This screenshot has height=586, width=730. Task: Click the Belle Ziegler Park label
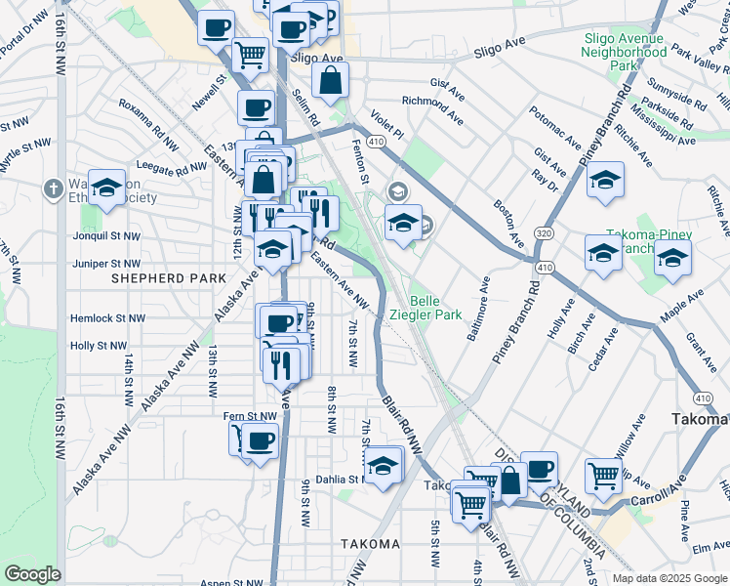pos(435,308)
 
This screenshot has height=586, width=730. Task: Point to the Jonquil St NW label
pos(106,235)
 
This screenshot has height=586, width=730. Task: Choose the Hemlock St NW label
pos(107,318)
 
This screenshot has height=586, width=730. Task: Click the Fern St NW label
pos(251,416)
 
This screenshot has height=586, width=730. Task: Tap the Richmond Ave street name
pos(432,106)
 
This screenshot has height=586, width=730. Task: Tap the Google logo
pos(32,574)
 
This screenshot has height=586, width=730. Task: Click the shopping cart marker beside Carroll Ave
pos(604,476)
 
